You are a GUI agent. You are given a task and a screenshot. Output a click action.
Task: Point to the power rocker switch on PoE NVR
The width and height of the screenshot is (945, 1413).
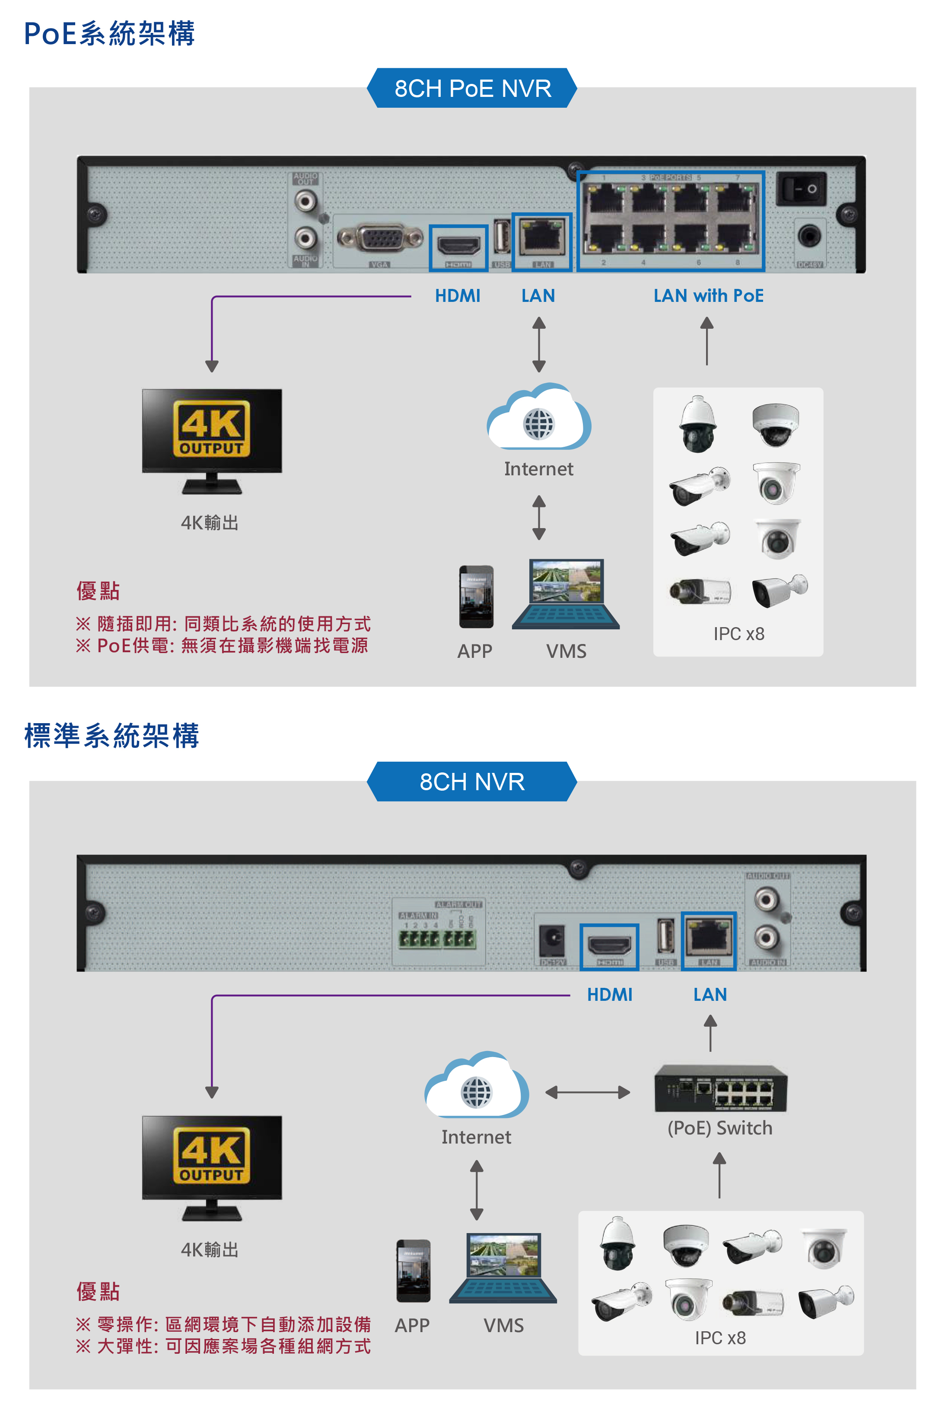[x=801, y=189]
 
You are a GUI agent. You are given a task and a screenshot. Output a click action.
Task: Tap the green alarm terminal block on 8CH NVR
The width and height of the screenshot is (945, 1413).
[x=437, y=939]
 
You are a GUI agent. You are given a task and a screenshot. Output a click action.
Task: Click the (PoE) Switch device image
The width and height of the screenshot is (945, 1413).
[x=721, y=1089]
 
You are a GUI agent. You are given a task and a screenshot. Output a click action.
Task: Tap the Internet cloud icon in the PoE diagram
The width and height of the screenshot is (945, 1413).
[x=539, y=419]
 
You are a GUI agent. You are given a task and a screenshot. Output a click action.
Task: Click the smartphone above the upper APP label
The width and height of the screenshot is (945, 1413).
[x=476, y=596]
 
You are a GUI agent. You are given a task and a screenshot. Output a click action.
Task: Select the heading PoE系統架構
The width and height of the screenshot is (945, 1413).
[x=110, y=34]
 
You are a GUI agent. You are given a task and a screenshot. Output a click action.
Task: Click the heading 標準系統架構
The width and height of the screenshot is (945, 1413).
[x=111, y=736]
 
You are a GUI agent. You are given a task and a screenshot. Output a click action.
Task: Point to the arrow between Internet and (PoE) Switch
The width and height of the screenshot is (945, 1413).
[x=588, y=1092]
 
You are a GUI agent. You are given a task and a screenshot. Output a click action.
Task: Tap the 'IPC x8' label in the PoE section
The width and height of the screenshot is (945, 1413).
[x=739, y=634]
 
